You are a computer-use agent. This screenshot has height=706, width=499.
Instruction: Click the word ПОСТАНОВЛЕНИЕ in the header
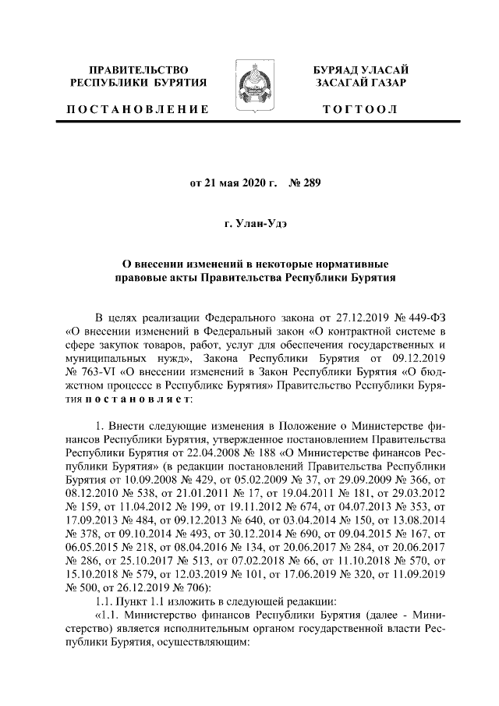(136, 109)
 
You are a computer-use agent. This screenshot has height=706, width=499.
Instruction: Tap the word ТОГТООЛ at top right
(360, 109)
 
